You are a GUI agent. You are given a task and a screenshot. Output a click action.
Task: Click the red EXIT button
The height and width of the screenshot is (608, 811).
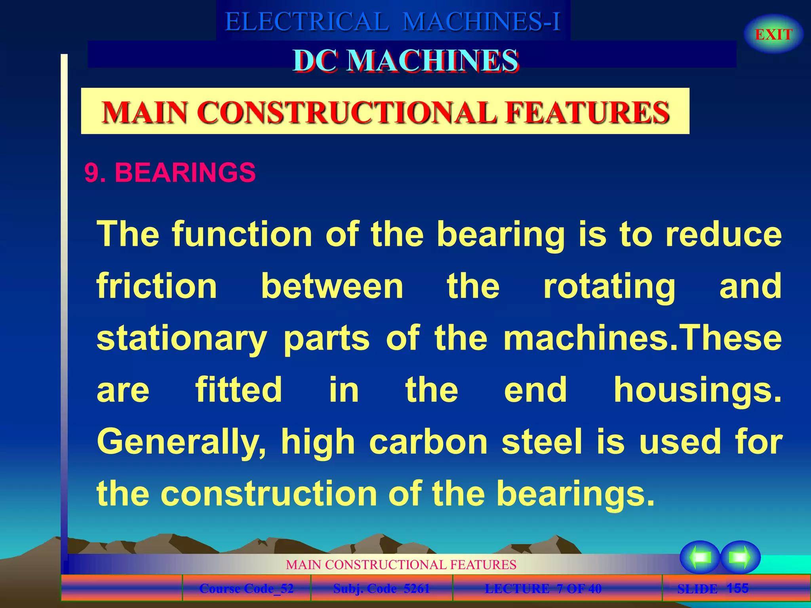pos(773,34)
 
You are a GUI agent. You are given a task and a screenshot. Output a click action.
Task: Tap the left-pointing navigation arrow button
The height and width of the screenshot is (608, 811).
pos(700,557)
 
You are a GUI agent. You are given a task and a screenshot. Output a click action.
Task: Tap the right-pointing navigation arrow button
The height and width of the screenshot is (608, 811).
pos(740,557)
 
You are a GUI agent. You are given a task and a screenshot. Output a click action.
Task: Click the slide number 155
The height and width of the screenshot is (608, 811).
pos(737,588)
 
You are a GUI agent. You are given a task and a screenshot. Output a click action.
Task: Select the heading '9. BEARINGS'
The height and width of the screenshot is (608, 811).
pos(170,173)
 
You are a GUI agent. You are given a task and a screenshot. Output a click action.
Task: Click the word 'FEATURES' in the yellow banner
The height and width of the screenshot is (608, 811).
pos(588,112)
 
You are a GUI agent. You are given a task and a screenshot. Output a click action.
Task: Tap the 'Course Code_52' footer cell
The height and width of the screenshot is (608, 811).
pos(246,589)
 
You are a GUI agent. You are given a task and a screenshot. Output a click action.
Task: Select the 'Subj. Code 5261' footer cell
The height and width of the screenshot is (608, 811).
pos(381,589)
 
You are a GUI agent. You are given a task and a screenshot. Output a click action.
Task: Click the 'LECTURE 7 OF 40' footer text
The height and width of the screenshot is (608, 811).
pos(543,589)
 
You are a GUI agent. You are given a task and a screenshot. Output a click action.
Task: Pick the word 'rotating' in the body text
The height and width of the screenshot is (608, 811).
pos(609,287)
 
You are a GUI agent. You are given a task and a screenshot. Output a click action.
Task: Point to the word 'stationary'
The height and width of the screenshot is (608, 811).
pos(182,339)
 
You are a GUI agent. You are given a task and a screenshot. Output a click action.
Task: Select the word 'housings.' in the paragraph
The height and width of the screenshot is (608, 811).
pos(698,390)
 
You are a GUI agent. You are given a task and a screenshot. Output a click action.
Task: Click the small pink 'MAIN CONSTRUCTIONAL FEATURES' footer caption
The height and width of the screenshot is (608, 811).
pos(401,564)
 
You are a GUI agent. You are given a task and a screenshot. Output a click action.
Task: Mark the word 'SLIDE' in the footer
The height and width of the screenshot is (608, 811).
pos(697,589)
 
